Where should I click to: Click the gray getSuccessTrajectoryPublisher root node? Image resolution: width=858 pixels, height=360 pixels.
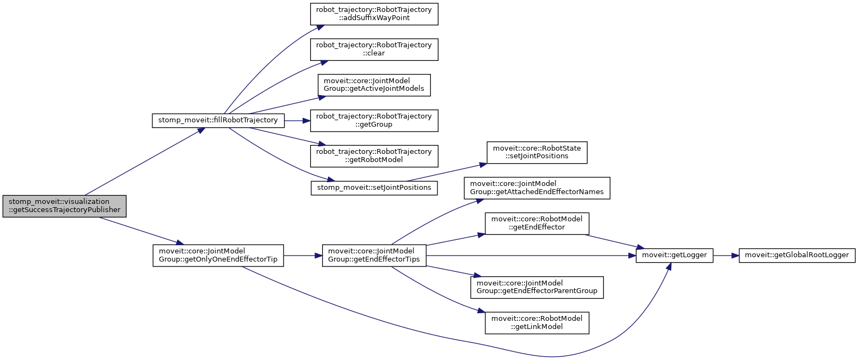point(64,206)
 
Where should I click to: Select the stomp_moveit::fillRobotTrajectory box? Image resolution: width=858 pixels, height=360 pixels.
point(218,120)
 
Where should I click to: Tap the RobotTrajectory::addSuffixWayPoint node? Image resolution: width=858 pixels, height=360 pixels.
point(374,14)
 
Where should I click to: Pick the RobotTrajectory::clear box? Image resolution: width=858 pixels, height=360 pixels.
point(374,49)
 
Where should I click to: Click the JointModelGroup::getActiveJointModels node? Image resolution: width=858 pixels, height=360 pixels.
point(374,85)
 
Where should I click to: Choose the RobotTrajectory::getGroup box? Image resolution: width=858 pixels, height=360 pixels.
point(374,120)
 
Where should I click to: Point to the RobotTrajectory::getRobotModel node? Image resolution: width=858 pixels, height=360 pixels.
point(374,156)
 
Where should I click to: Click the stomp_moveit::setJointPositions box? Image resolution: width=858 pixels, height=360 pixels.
point(374,188)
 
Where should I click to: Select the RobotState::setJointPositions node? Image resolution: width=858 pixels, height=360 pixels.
point(537,152)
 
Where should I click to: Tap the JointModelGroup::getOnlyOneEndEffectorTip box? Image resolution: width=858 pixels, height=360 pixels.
point(218,255)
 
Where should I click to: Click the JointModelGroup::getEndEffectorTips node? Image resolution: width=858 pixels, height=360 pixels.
point(374,255)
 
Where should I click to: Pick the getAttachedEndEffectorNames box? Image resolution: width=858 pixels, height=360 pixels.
point(537,188)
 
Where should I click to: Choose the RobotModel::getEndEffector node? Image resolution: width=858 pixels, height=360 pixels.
point(537,223)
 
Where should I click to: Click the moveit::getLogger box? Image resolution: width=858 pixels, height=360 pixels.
point(674,255)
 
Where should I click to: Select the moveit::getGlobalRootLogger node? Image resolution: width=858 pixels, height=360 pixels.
point(797,255)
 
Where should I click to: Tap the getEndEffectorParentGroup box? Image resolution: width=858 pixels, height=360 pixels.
point(537,287)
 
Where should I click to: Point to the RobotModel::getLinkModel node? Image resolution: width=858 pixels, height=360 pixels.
point(537,322)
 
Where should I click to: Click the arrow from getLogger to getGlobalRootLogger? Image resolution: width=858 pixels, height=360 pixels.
point(725,255)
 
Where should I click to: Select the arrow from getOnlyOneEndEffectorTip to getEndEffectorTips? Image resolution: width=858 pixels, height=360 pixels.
point(303,255)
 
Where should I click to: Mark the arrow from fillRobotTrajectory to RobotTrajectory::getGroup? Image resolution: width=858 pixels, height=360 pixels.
point(297,120)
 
